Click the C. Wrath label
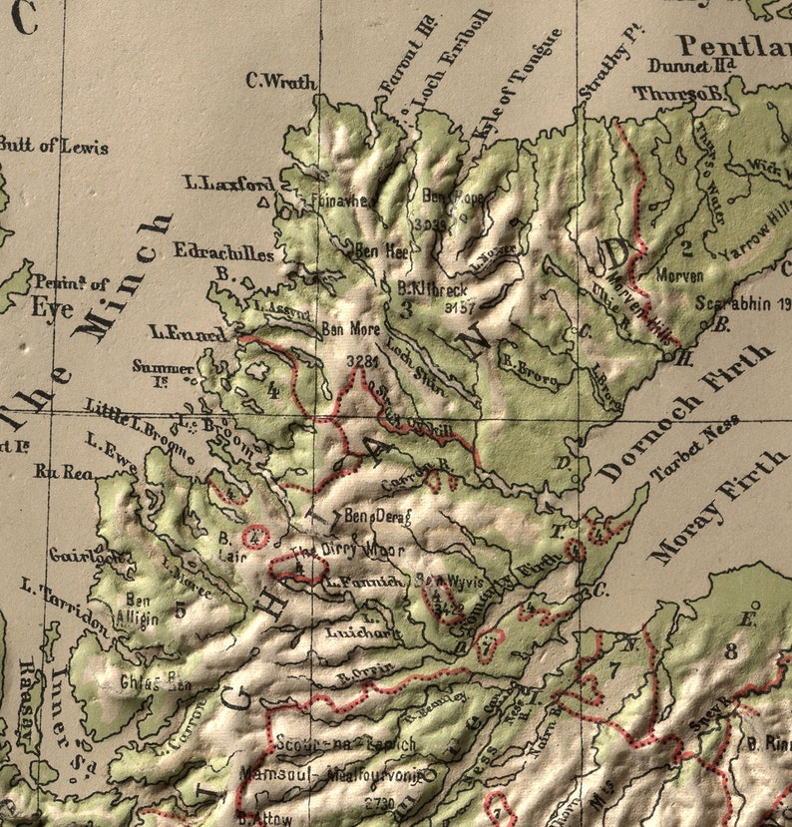(x=280, y=82)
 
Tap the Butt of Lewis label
(x=54, y=146)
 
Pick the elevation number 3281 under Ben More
(x=360, y=359)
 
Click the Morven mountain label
(x=680, y=274)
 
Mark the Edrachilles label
(x=223, y=253)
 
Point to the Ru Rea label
(x=58, y=472)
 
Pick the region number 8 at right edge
(x=731, y=651)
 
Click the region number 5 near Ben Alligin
(x=180, y=611)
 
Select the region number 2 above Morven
(x=686, y=247)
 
